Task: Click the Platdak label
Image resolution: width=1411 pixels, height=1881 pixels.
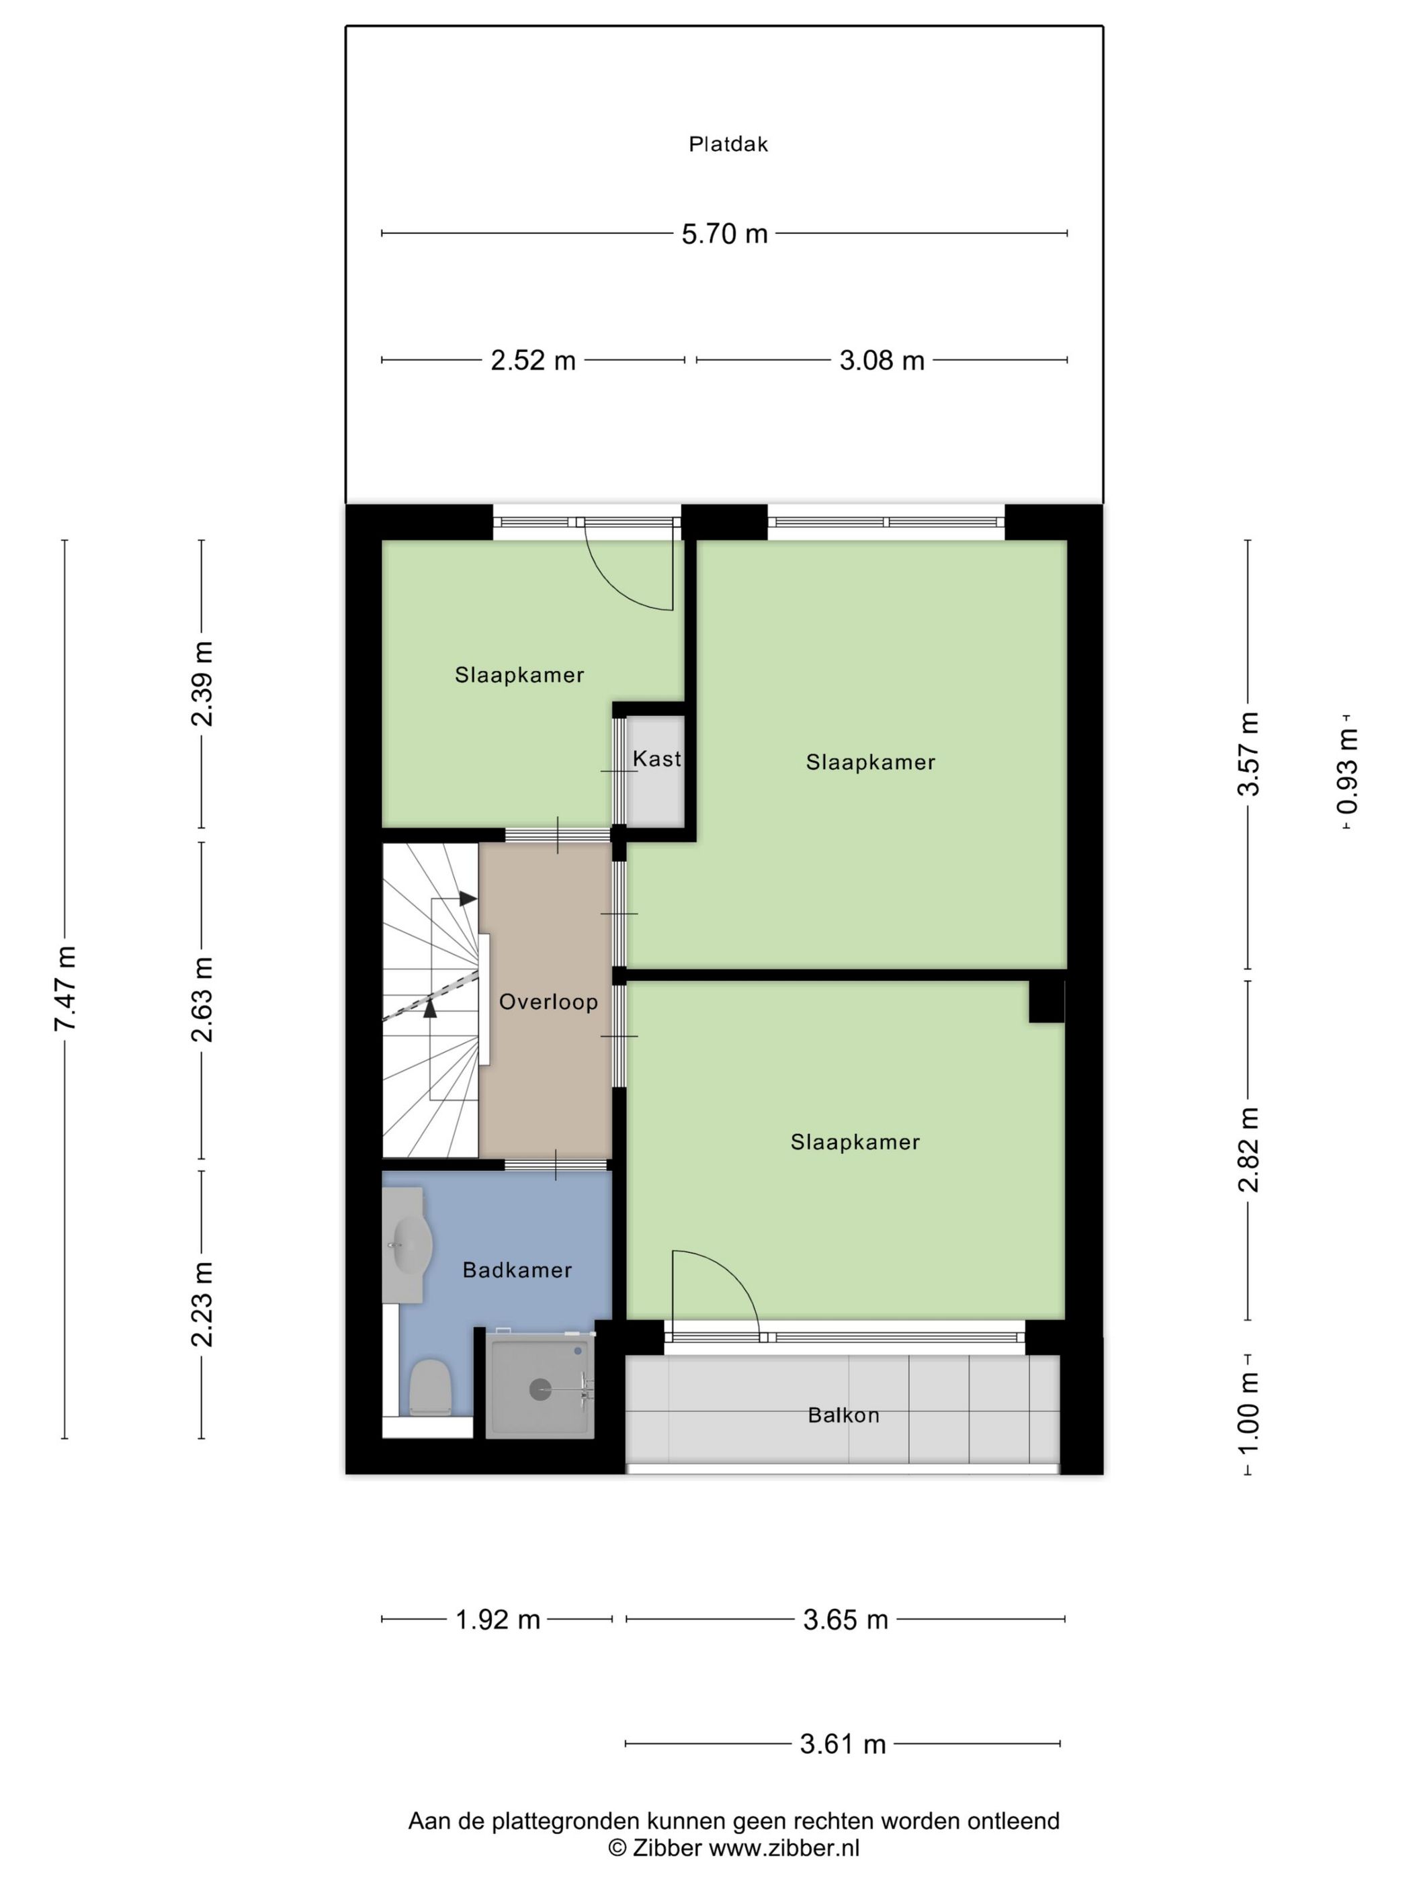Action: click(728, 144)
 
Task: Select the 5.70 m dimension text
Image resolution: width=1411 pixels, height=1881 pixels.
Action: click(724, 234)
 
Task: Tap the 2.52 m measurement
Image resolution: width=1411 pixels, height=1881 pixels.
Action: click(533, 361)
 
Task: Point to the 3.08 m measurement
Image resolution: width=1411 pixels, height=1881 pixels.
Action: click(882, 361)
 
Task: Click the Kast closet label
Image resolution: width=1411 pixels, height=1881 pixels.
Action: click(656, 758)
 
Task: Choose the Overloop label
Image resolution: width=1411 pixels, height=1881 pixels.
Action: click(548, 1002)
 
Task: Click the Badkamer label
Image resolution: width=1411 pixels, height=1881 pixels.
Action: click(517, 1270)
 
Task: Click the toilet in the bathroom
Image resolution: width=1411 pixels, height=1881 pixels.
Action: click(429, 1387)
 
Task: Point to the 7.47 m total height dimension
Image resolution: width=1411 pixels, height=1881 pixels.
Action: click(65, 988)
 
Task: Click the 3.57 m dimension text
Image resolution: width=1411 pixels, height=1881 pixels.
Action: click(1248, 754)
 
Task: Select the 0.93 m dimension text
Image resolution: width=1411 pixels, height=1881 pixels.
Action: click(1347, 771)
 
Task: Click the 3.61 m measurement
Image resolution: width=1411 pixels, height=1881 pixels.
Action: click(843, 1745)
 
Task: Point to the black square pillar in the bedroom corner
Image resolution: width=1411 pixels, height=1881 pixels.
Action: click(1047, 1001)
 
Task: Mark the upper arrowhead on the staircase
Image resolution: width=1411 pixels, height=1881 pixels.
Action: click(468, 898)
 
